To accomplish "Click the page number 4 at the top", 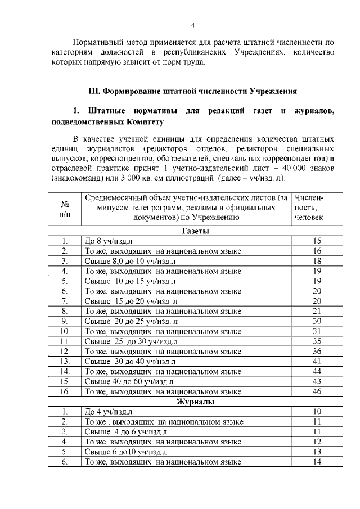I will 192,25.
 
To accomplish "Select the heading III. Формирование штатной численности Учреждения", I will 193,91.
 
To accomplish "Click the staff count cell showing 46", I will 316,391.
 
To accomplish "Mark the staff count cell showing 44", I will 316,371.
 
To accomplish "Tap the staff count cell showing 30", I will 316,321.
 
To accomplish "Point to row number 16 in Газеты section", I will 65,391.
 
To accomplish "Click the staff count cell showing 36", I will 316,352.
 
